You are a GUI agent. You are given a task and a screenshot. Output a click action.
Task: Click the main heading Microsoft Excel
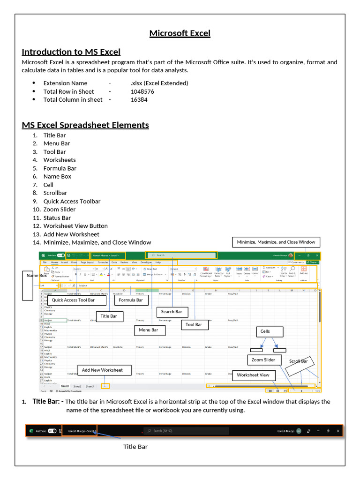click(x=180, y=33)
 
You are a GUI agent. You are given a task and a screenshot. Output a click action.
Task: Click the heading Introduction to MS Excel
click(x=71, y=52)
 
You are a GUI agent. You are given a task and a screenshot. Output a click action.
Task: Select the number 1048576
click(x=142, y=91)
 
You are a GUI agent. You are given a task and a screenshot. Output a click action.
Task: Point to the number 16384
click(x=139, y=99)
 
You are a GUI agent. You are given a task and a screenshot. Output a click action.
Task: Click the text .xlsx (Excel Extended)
click(x=159, y=83)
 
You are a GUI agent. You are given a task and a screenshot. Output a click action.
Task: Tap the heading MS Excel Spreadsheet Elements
click(x=85, y=125)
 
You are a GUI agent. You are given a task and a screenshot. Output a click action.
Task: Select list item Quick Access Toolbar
click(x=72, y=201)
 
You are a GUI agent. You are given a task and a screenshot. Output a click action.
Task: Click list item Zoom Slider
click(x=60, y=210)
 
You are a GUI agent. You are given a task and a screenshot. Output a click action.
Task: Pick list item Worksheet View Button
click(x=75, y=226)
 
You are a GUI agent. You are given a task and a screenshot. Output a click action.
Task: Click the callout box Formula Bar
click(x=131, y=300)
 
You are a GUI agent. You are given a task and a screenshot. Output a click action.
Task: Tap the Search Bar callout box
click(x=172, y=312)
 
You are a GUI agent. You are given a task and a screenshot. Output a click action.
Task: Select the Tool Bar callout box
click(x=194, y=324)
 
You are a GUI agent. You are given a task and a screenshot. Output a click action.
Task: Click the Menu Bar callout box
click(x=149, y=330)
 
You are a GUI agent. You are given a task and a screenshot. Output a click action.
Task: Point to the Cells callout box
click(x=265, y=331)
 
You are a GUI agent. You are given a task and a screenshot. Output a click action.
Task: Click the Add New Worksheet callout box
click(x=102, y=370)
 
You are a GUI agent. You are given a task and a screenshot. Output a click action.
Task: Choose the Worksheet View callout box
click(x=253, y=375)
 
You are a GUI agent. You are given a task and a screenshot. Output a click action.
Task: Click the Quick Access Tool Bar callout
click(x=73, y=300)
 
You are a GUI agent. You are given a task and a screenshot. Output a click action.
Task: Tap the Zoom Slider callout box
click(x=263, y=360)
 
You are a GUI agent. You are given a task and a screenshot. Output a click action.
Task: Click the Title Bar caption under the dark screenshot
click(x=135, y=447)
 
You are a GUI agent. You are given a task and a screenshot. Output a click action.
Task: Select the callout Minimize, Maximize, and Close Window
click(x=276, y=242)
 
